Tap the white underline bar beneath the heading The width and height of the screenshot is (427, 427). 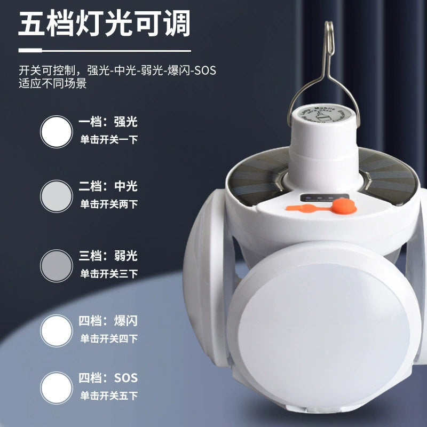[105, 51]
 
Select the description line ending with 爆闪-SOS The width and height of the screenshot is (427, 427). [117, 70]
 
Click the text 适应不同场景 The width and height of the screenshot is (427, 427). [52, 84]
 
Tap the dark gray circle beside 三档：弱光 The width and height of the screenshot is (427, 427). [56, 266]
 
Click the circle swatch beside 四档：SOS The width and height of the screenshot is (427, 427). [56, 388]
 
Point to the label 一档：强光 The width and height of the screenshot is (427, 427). [108, 122]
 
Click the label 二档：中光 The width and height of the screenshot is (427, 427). [108, 186]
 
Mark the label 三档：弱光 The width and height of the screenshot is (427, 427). [108, 256]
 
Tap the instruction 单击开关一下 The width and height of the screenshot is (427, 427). [109, 140]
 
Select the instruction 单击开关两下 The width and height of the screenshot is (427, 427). [109, 204]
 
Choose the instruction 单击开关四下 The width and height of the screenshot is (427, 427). [109, 338]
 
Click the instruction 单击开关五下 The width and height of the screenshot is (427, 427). [109, 396]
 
